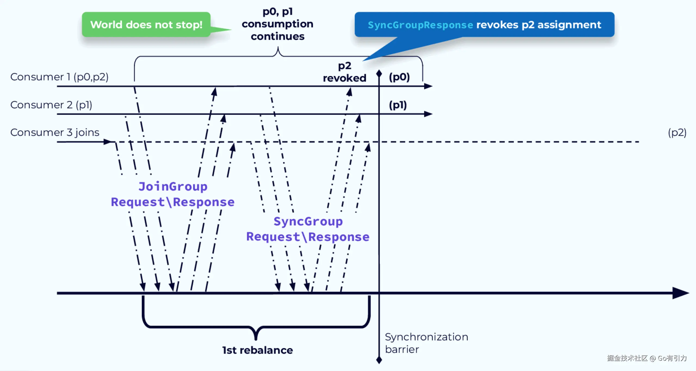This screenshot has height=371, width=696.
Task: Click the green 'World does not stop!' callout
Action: click(146, 24)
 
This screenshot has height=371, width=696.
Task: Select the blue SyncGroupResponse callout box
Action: click(484, 25)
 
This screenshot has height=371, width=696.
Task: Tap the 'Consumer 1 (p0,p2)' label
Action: click(59, 77)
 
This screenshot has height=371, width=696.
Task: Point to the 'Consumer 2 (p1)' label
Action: click(51, 105)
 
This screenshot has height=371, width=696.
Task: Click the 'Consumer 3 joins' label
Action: click(55, 133)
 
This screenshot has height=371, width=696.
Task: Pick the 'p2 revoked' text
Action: click(344, 72)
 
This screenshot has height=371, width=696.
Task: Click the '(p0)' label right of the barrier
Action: click(399, 77)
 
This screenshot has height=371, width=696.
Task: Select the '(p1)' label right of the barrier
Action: click(398, 105)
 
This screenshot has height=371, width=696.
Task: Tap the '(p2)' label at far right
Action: click(677, 133)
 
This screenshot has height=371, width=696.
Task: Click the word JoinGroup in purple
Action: click(173, 187)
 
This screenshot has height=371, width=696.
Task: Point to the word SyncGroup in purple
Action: click(308, 222)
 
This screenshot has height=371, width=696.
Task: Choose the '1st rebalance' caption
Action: click(257, 350)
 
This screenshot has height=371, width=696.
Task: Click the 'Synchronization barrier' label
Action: click(426, 343)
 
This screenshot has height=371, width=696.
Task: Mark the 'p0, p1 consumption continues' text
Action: click(277, 24)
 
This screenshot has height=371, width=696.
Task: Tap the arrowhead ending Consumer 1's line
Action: click(428, 86)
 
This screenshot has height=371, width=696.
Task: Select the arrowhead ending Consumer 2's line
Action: click(428, 114)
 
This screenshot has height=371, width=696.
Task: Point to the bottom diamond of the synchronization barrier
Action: click(379, 360)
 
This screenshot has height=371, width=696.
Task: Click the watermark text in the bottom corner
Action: click(647, 358)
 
